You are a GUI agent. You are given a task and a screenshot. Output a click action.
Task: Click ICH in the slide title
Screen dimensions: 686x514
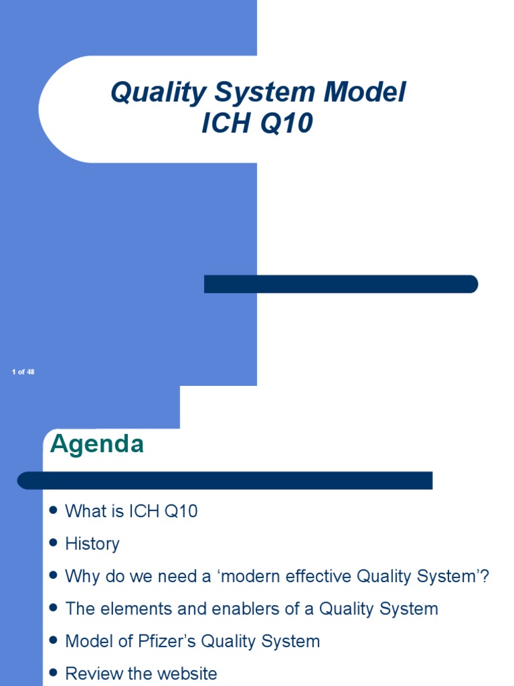[x=225, y=124]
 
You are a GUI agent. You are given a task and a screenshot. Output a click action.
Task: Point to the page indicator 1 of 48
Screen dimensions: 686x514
[x=23, y=372]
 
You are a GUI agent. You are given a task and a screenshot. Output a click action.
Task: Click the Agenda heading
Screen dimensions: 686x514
[x=97, y=444]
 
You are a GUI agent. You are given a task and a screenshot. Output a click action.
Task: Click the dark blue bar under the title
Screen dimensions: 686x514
[x=341, y=284]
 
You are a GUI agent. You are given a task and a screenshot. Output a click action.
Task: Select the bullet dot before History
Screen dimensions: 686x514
[x=54, y=543]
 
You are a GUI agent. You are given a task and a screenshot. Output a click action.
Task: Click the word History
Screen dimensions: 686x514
[x=92, y=544]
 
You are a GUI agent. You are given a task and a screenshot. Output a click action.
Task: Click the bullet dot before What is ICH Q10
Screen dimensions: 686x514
[x=54, y=511]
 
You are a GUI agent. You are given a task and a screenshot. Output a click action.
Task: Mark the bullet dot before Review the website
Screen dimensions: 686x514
[x=54, y=673]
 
